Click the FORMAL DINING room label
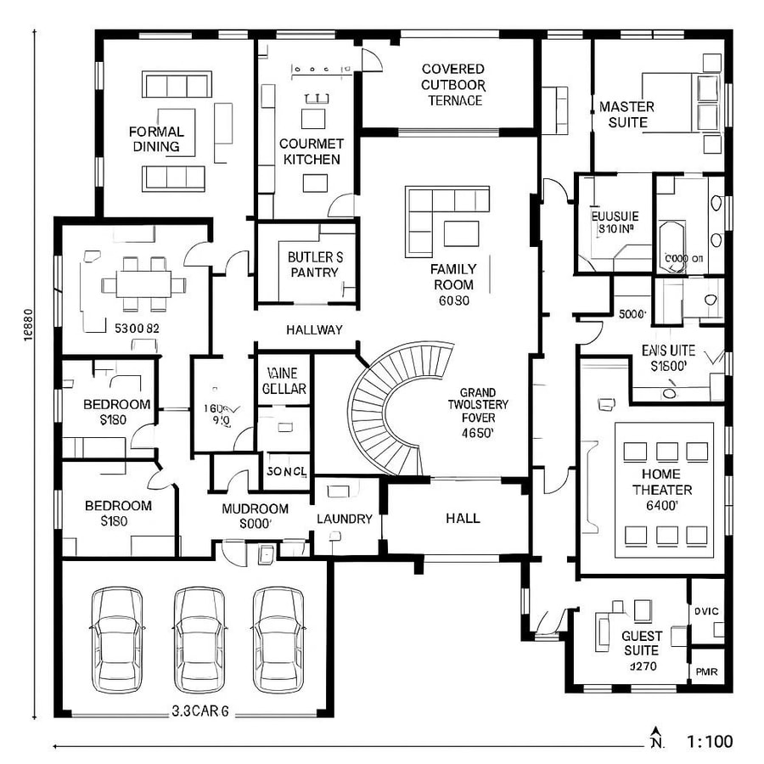click(x=156, y=139)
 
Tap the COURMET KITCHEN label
click(x=312, y=152)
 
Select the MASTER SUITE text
click(x=626, y=115)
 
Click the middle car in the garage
click(x=200, y=638)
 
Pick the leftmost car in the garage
click(x=118, y=638)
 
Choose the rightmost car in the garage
click(x=279, y=638)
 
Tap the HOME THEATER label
click(x=662, y=490)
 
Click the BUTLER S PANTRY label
click(x=315, y=264)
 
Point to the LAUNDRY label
click(x=344, y=519)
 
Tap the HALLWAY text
click(x=314, y=329)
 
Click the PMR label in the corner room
click(x=707, y=672)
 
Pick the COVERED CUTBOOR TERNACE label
click(x=453, y=84)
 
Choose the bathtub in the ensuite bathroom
click(x=671, y=246)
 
